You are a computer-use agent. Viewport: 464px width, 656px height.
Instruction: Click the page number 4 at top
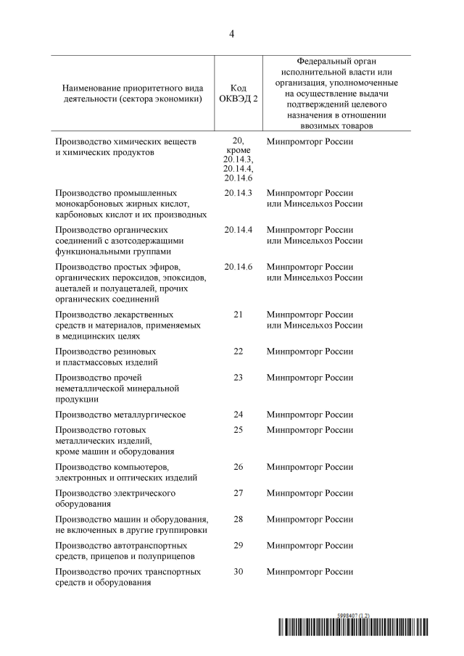click(232, 33)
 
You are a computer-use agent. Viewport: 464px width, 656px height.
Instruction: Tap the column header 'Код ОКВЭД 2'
click(238, 92)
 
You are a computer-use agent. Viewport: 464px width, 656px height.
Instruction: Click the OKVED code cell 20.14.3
click(238, 193)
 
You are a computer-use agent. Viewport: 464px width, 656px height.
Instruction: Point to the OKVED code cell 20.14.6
click(238, 267)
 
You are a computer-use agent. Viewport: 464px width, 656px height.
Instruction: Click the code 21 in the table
click(238, 315)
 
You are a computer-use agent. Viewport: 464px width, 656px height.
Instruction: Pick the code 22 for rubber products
click(238, 352)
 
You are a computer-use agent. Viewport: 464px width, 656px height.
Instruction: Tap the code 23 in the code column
click(238, 378)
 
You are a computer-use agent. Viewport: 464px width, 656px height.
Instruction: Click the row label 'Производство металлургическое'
click(120, 415)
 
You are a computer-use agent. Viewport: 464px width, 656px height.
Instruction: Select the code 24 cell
click(238, 415)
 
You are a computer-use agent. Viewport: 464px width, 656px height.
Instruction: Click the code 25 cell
click(238, 430)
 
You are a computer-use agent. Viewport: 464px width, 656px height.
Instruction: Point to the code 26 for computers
click(238, 467)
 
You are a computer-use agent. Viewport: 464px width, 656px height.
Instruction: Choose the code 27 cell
click(238, 493)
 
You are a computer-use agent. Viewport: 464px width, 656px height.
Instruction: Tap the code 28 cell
click(238, 519)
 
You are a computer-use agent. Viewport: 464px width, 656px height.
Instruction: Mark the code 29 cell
click(238, 545)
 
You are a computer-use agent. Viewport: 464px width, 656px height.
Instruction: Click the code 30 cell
click(238, 571)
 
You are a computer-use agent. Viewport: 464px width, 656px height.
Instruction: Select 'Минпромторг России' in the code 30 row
click(310, 572)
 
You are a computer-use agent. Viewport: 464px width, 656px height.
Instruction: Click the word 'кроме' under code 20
click(238, 149)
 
